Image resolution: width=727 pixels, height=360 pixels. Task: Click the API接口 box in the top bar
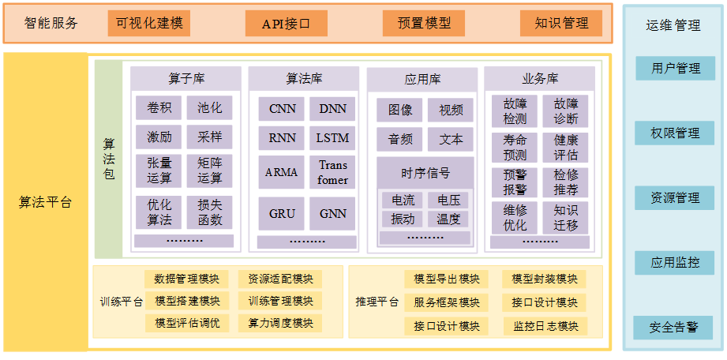(286, 23)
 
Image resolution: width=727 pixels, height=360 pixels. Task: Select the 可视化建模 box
(149, 23)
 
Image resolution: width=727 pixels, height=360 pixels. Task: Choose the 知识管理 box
(561, 23)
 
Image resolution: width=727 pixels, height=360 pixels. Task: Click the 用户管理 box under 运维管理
(676, 68)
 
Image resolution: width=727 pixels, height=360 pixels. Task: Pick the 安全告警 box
(675, 327)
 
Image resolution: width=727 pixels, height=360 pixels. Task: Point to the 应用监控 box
(676, 262)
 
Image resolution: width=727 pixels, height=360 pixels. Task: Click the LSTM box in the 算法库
(332, 137)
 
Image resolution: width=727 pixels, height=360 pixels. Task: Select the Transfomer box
(332, 172)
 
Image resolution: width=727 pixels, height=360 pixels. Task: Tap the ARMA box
(282, 172)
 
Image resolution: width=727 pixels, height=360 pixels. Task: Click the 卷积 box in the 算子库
(159, 108)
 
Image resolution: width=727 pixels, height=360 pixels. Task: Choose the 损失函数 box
(209, 212)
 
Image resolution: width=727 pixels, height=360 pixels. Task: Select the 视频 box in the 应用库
(451, 111)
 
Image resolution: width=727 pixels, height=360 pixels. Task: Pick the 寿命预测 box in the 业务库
(515, 147)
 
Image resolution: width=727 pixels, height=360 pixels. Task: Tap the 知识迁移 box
(565, 217)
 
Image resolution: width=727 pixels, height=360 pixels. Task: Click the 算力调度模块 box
(280, 323)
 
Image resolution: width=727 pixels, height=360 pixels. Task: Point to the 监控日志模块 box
(545, 326)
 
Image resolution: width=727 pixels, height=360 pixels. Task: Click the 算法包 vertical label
(109, 159)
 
